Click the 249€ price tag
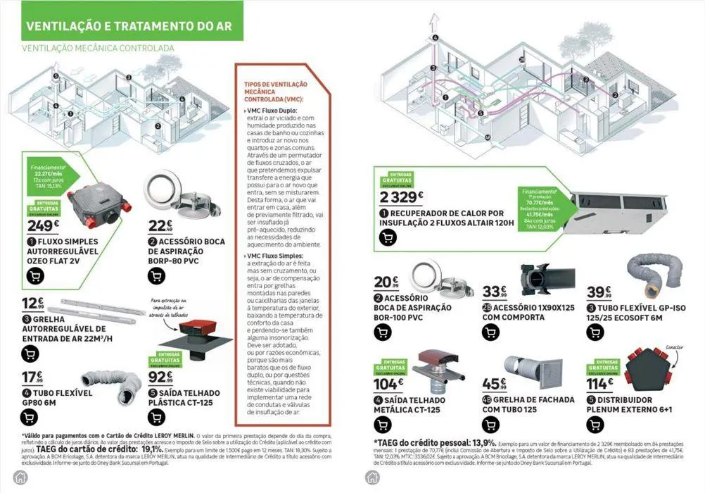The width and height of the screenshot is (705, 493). (x=44, y=225)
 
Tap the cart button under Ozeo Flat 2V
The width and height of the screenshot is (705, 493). (x=34, y=275)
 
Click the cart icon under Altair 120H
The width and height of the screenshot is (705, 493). (x=387, y=237)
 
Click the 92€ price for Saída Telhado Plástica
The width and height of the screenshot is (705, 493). (x=161, y=377)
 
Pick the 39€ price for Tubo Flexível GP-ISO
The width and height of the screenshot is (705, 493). (x=599, y=292)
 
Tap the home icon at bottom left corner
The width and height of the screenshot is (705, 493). (x=20, y=477)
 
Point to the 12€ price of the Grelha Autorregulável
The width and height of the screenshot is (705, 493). (x=32, y=304)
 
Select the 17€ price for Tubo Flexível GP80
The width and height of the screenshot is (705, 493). (x=32, y=377)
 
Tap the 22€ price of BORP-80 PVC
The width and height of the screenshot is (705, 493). (x=160, y=225)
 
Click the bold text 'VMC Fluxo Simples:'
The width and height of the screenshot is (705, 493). (x=275, y=256)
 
